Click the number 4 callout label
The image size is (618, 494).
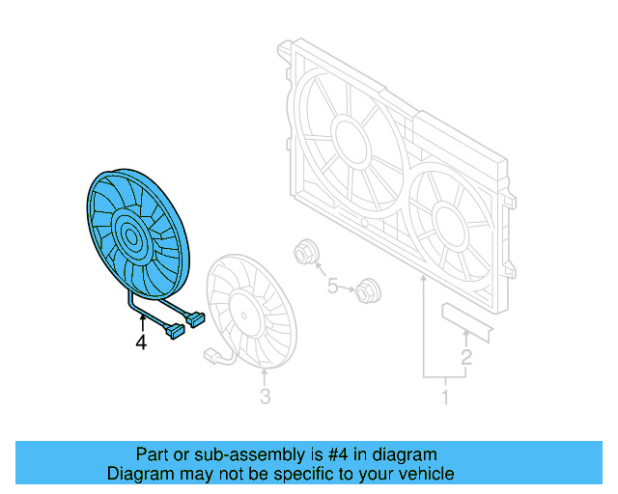(x=141, y=342)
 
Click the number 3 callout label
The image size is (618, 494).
(x=265, y=397)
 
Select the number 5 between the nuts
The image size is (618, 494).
(x=333, y=286)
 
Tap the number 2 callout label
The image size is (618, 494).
(x=465, y=360)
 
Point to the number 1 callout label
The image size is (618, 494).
(x=445, y=397)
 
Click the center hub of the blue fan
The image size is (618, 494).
(x=129, y=233)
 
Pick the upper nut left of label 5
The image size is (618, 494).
(x=302, y=254)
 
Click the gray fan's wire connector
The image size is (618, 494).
(x=210, y=355)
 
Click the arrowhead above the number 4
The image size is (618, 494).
(x=142, y=319)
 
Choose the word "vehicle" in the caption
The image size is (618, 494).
(x=422, y=474)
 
